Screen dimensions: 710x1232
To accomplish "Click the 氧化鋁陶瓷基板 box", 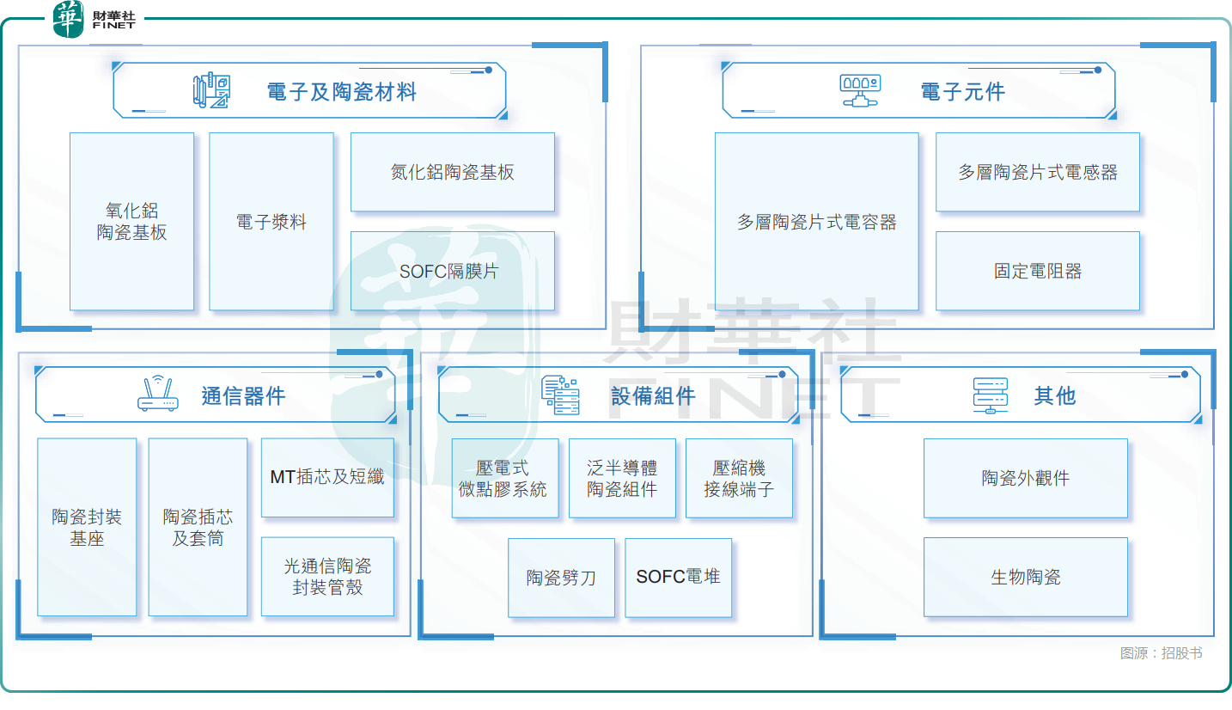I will [x=131, y=221].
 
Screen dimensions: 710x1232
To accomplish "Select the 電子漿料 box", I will [x=271, y=221].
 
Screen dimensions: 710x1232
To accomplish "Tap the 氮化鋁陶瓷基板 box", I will [x=452, y=172].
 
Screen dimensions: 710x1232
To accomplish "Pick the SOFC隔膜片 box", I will [x=452, y=271].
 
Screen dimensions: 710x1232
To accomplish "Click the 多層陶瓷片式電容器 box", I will [x=816, y=221].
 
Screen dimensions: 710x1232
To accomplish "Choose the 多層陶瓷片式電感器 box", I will [x=1037, y=172].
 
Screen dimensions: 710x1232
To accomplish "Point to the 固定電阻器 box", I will [x=1037, y=271].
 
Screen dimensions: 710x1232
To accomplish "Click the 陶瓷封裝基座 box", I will [x=87, y=527].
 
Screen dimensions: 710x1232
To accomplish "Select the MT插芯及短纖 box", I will [x=327, y=477].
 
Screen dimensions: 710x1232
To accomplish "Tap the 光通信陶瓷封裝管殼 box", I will [x=327, y=577].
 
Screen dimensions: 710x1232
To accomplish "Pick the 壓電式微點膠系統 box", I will [x=504, y=478].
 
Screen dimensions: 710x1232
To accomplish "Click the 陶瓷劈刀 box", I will [x=561, y=578].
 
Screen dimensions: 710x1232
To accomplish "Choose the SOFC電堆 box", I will [x=678, y=577].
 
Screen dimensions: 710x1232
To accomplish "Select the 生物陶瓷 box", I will [x=1025, y=577].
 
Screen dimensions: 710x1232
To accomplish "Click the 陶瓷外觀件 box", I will [x=1025, y=478].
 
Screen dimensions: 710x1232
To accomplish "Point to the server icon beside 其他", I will [x=989, y=395].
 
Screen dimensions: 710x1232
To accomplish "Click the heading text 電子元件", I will [x=962, y=91].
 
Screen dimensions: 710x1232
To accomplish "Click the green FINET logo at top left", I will [x=69, y=19].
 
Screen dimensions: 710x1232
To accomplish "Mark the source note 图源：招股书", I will [x=1161, y=653].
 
